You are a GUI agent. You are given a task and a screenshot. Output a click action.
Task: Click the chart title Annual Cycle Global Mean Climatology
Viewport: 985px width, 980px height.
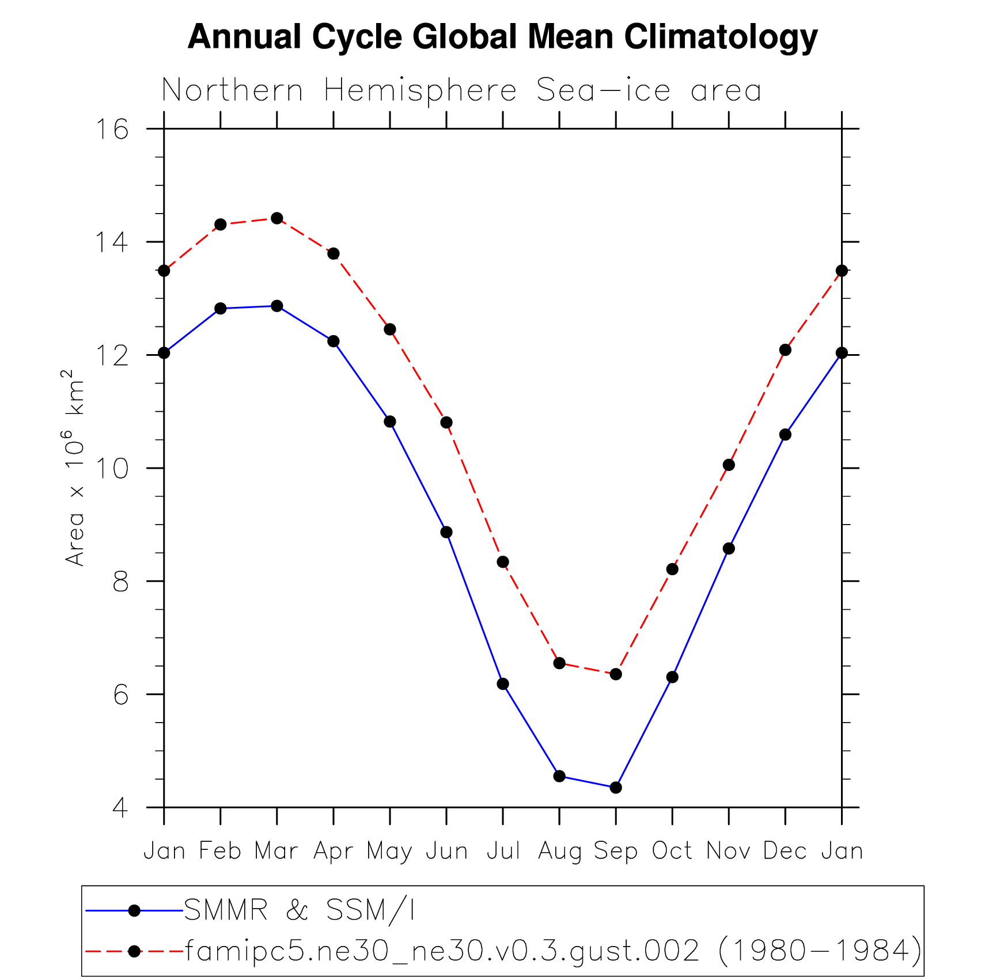pyautogui.click(x=502, y=37)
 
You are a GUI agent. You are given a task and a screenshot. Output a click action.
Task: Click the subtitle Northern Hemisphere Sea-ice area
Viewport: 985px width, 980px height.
pyautogui.click(x=461, y=91)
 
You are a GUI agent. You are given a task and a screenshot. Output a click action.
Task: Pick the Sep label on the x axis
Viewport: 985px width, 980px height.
pyautogui.click(x=615, y=851)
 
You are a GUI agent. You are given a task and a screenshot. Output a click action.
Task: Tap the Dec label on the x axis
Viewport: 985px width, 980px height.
pyautogui.click(x=785, y=851)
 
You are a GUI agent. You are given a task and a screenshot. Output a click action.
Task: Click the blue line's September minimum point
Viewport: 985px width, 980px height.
pyautogui.click(x=616, y=787)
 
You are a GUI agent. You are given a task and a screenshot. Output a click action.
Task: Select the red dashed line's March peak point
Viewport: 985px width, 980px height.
pyautogui.click(x=277, y=218)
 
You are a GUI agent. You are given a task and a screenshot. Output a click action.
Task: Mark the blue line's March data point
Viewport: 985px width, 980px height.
pyautogui.click(x=277, y=306)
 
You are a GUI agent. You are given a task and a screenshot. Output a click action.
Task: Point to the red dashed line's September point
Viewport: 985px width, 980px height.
pyautogui.click(x=616, y=674)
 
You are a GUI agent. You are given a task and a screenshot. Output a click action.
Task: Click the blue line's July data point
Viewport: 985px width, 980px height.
pyautogui.click(x=503, y=683)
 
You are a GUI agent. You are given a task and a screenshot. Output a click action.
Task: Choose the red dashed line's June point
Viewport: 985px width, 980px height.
pyautogui.click(x=446, y=423)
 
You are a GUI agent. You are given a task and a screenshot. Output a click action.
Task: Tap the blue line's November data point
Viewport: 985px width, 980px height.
pyautogui.click(x=729, y=548)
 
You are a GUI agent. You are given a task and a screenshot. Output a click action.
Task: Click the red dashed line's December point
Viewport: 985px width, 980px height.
pyautogui.click(x=785, y=350)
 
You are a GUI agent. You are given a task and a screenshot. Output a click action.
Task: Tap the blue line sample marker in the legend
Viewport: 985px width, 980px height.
pyautogui.click(x=134, y=910)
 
